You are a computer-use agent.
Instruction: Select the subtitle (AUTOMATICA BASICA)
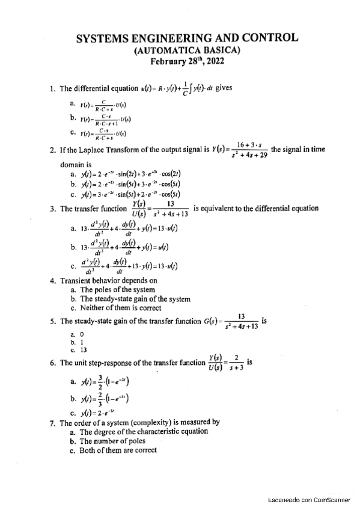[x=186, y=50]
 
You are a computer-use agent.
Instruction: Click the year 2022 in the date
[x=219, y=61]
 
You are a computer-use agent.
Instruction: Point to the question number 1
[x=52, y=90]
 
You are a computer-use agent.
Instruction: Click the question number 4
[x=52, y=280]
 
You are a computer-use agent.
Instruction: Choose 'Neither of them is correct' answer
[x=114, y=309]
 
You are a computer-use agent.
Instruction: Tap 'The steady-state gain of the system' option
[x=130, y=299]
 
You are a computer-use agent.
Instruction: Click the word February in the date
[x=172, y=61]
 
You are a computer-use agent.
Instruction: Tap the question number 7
[x=52, y=422]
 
